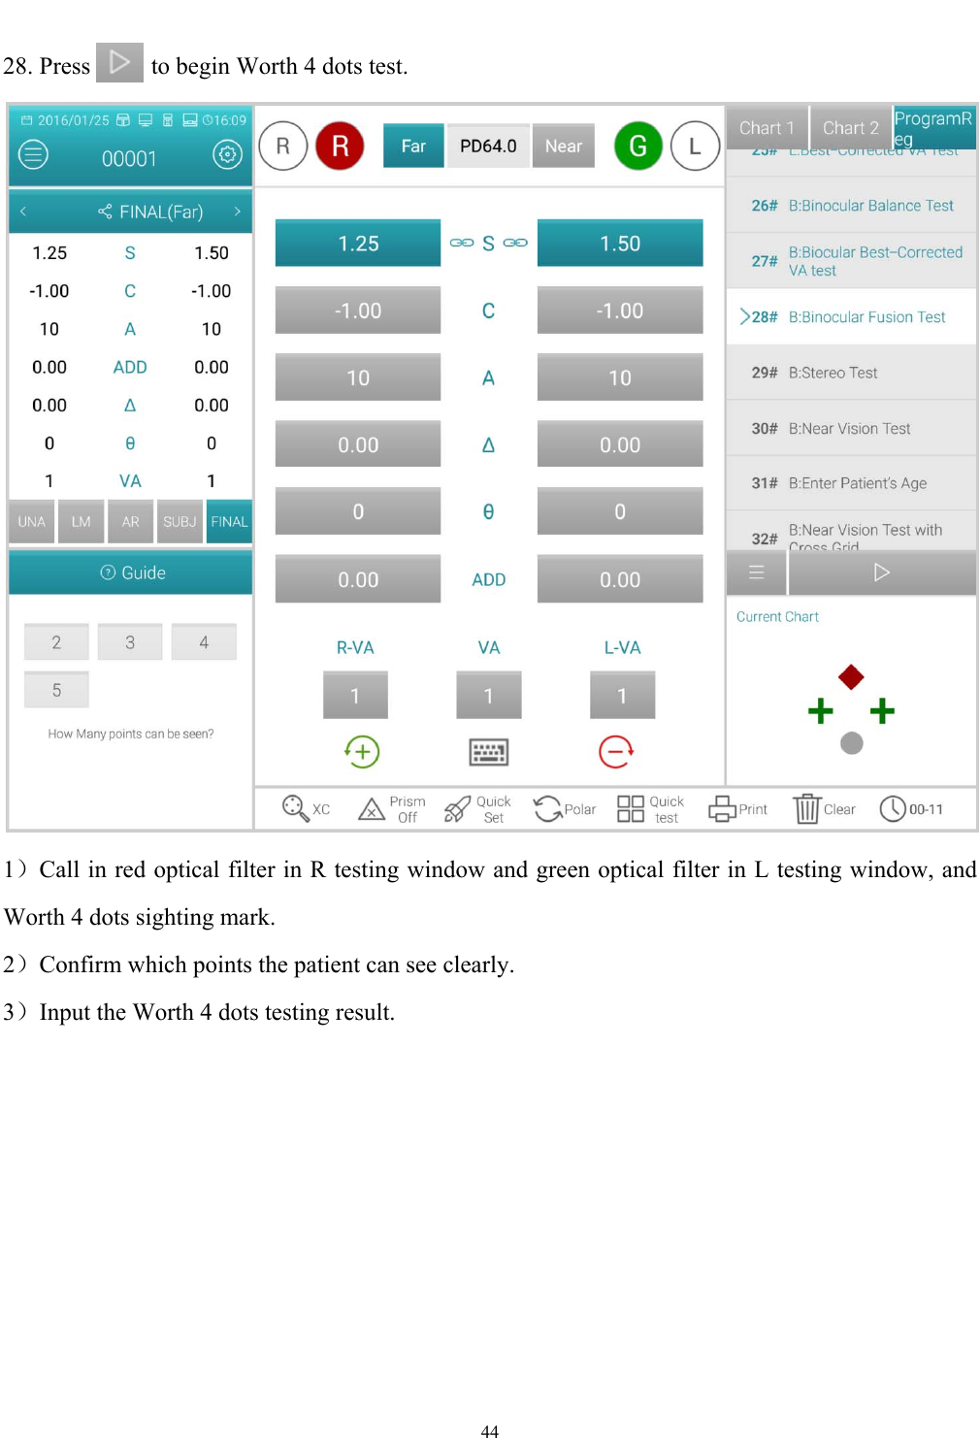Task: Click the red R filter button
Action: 340,146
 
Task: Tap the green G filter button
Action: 637,146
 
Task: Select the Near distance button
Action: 563,146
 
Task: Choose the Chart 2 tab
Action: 850,128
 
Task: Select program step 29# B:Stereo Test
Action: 851,373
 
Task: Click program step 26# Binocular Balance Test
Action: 851,206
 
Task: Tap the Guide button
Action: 131,572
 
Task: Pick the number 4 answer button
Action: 204,642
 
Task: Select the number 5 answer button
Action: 56,690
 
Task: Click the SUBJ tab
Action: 180,521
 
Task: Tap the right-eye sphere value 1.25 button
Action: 358,244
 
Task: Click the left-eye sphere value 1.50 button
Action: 619,244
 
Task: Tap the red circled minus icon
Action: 616,751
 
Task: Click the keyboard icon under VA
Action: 488,752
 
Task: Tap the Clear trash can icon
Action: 807,809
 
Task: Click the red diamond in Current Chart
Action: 851,676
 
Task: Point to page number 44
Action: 490,1430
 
